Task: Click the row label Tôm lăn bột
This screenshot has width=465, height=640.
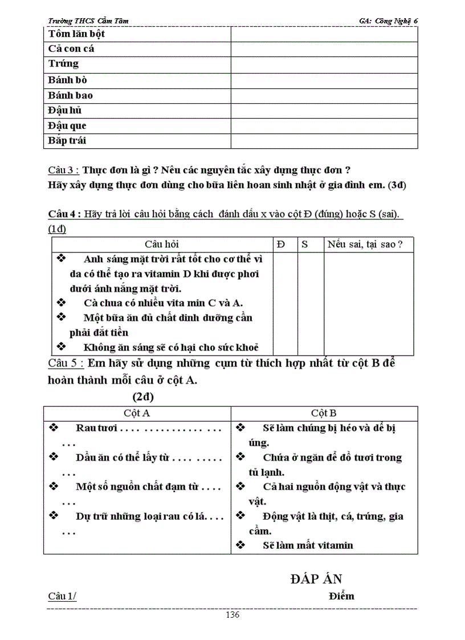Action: tap(76, 34)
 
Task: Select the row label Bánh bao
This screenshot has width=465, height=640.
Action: tap(70, 95)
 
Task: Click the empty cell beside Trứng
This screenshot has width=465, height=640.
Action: tap(324, 64)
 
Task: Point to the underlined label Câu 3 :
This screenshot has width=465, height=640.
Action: tap(63, 170)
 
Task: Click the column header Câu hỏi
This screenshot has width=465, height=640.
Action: tap(161, 244)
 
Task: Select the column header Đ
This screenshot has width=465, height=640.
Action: tap(281, 244)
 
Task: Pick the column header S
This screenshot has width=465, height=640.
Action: tap(304, 244)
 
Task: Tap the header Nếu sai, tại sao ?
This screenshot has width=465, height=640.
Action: tap(365, 244)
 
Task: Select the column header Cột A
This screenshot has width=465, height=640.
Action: tap(137, 413)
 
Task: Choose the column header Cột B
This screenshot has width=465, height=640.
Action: tap(324, 413)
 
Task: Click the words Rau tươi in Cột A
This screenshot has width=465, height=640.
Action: tap(96, 428)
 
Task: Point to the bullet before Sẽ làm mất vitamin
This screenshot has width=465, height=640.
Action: tap(240, 545)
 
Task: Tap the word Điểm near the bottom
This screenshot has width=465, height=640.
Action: tap(341, 596)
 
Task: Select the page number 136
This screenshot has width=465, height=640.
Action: tap(232, 615)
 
